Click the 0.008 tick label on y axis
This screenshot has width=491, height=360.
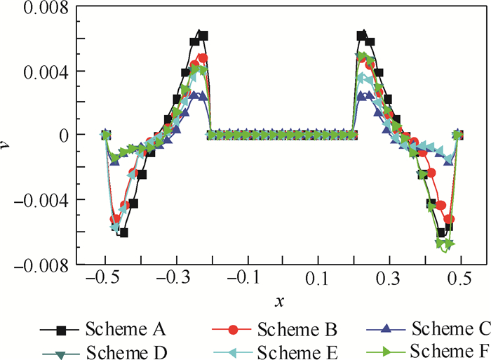point(42,9)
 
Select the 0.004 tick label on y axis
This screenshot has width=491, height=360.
point(42,72)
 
